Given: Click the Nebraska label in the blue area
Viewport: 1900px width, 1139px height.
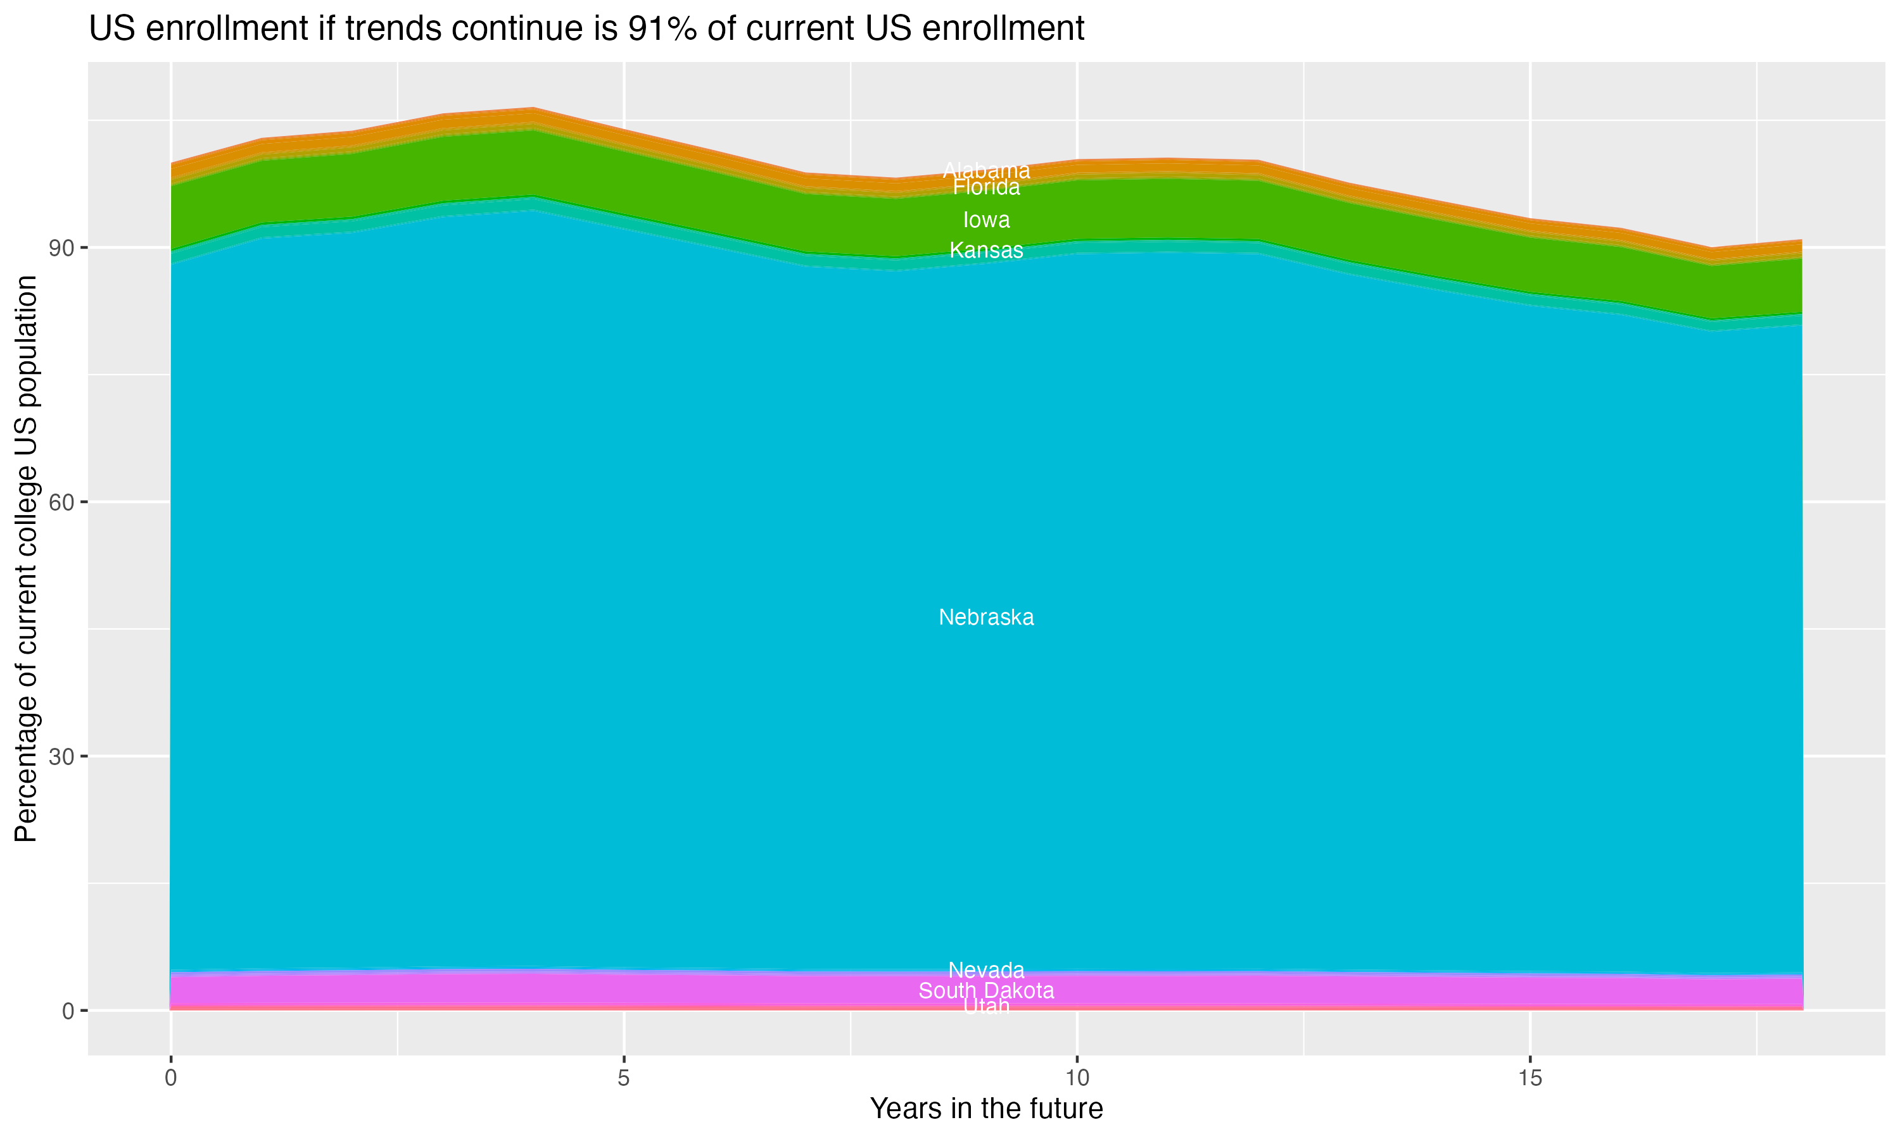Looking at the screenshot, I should [986, 617].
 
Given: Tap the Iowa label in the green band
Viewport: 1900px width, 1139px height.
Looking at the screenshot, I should [986, 220].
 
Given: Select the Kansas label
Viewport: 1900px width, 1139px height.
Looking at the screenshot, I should [986, 250].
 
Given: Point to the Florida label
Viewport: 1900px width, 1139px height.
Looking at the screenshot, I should [986, 187].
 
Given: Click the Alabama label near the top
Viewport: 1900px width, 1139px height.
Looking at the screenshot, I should [986, 170].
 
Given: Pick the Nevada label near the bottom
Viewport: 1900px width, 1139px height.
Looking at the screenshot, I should [986, 970].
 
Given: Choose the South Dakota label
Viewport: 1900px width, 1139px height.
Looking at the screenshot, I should [986, 991].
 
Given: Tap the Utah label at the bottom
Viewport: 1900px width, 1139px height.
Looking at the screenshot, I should [986, 1005].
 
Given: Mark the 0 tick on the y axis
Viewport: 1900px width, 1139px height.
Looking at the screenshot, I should [68, 1011].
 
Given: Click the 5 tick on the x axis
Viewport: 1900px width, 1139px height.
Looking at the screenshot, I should [624, 1078].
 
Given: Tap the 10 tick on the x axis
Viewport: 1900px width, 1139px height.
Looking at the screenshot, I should [1077, 1078].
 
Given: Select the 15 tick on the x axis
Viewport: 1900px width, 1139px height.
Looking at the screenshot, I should [1530, 1078].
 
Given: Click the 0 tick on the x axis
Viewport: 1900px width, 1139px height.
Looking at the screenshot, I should [170, 1078].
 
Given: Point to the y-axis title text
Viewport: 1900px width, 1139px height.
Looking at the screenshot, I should [26, 559].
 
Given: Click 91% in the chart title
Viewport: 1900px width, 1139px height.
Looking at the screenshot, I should [661, 29].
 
